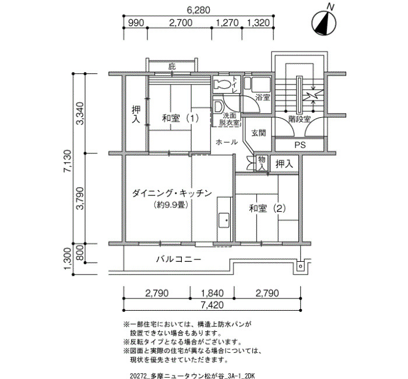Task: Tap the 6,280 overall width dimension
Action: [x=199, y=10]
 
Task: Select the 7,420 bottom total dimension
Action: [x=212, y=305]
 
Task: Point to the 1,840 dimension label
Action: [x=212, y=293]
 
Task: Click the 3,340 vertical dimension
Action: [x=80, y=113]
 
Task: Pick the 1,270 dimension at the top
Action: [x=227, y=23]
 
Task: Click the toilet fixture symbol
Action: [x=221, y=84]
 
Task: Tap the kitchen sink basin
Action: [x=224, y=220]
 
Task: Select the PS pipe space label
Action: [x=300, y=145]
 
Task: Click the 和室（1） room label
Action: [x=181, y=118]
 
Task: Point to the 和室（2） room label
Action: [x=268, y=208]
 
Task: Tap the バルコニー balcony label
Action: [x=178, y=259]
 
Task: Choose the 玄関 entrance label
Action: [x=259, y=133]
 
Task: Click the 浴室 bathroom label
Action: [x=262, y=98]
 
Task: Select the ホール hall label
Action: [x=227, y=142]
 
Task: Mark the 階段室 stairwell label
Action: [x=300, y=119]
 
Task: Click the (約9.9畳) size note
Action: [x=171, y=205]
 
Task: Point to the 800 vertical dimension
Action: [x=80, y=253]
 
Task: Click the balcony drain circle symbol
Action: [x=300, y=266]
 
